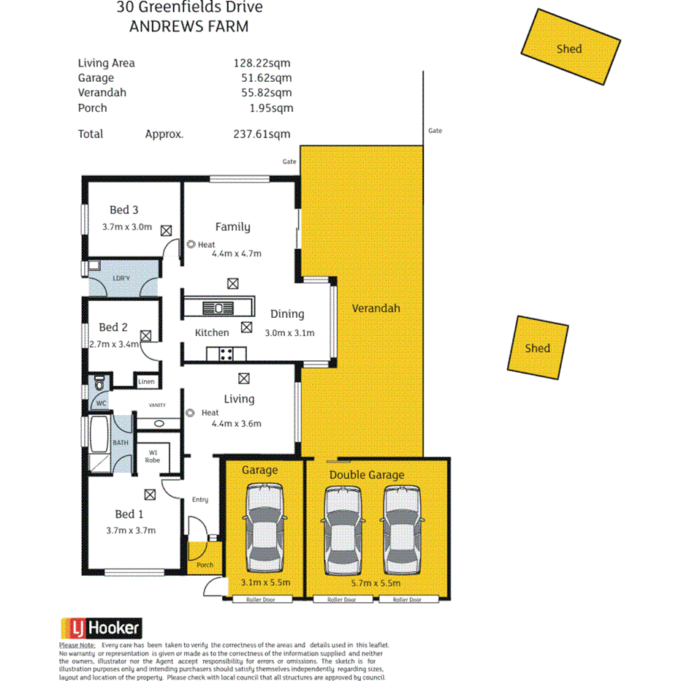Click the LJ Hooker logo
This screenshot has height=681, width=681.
(99, 628)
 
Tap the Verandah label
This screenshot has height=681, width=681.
(376, 308)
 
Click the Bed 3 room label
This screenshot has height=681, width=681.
(124, 210)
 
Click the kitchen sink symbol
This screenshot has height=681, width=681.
(218, 307)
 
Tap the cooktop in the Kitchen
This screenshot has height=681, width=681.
(227, 354)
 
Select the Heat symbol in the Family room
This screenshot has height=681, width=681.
(191, 245)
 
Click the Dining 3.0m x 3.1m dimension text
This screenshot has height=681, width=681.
(289, 332)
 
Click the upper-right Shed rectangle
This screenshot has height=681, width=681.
(569, 47)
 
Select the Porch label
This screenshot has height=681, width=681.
(205, 565)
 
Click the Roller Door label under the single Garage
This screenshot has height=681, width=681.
(262, 600)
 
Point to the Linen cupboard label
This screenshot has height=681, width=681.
(147, 381)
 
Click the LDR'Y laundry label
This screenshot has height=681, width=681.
(121, 278)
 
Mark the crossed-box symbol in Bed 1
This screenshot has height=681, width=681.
(150, 495)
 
